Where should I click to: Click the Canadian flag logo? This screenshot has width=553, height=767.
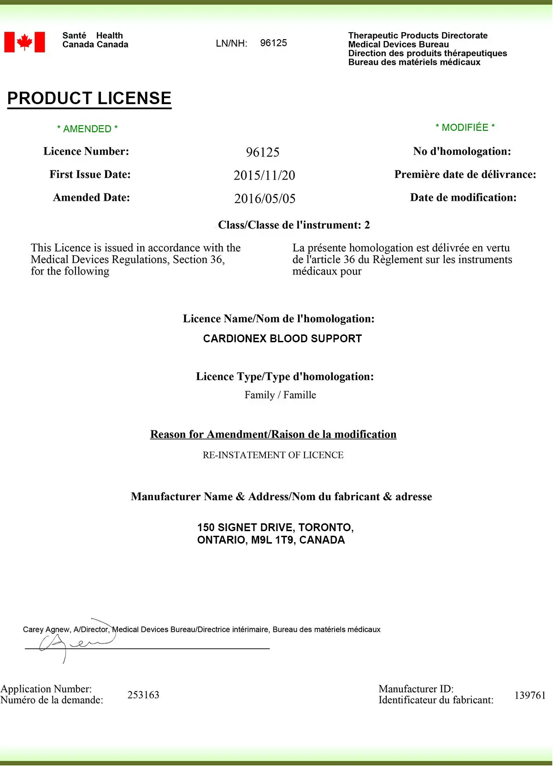[x=24, y=42]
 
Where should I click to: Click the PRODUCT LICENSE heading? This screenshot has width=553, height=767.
[x=89, y=98]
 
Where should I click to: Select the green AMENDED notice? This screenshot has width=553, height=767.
[x=87, y=129]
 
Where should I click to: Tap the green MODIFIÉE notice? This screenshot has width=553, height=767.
[x=465, y=128]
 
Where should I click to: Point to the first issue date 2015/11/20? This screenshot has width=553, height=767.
[x=264, y=176]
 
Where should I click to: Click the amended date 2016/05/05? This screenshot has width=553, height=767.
[x=265, y=199]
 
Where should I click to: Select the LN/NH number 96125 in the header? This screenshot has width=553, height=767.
[x=273, y=43]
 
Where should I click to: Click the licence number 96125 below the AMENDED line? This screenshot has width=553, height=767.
[x=263, y=152]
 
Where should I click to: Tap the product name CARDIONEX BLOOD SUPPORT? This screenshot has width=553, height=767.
[x=282, y=339]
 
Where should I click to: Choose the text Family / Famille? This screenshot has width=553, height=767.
[x=280, y=395]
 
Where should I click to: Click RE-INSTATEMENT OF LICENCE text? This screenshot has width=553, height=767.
[x=273, y=455]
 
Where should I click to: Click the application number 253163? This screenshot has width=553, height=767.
[x=143, y=695]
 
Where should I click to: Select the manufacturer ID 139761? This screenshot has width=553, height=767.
[x=530, y=695]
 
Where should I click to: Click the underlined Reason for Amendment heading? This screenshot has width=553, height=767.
[x=273, y=434]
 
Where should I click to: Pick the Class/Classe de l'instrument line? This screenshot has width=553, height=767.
[x=294, y=225]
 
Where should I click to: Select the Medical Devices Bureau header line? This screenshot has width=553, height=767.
[x=398, y=44]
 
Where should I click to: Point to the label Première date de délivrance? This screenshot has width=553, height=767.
[x=465, y=175]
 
